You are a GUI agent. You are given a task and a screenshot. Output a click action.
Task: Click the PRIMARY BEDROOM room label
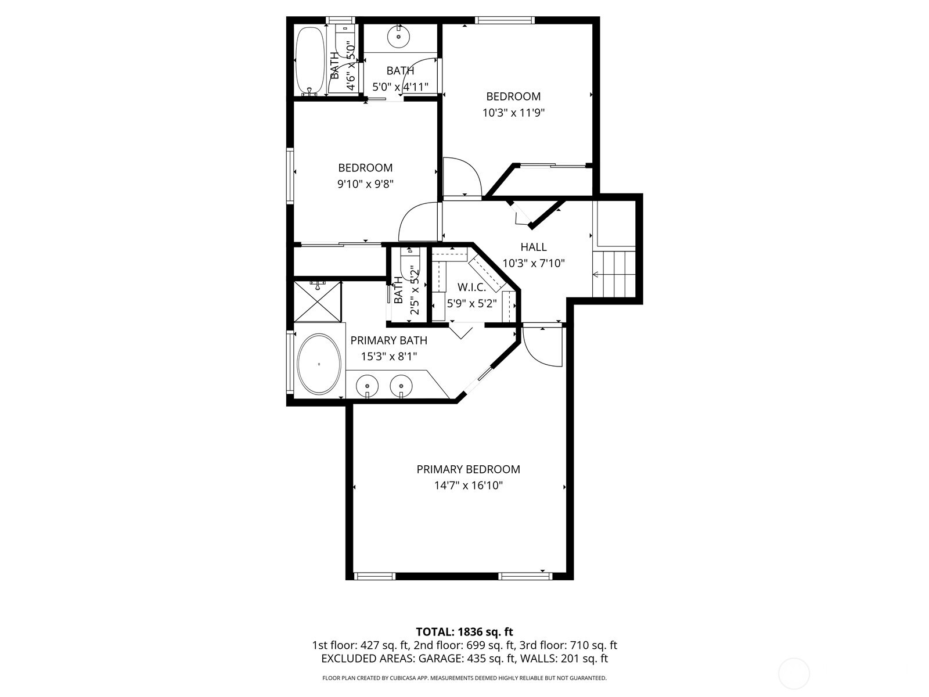(468, 469)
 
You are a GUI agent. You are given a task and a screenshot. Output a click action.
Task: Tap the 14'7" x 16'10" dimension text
(468, 485)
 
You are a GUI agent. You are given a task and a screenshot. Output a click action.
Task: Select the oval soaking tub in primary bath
(319, 364)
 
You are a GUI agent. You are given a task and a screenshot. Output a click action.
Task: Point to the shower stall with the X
(318, 302)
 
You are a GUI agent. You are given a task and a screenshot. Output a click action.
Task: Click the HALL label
(533, 247)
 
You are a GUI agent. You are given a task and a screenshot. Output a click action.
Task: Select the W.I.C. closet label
(471, 287)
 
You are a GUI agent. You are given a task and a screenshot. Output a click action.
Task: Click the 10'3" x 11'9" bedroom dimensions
(513, 113)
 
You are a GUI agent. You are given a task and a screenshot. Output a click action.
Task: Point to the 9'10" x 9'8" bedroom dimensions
(365, 184)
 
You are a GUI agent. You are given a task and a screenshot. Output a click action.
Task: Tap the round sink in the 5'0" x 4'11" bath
(399, 36)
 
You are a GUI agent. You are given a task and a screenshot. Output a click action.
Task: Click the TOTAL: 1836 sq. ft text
(464, 631)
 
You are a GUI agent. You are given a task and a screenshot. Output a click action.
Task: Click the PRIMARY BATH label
(388, 340)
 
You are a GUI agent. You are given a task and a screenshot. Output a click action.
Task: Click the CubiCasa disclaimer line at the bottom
(464, 678)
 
